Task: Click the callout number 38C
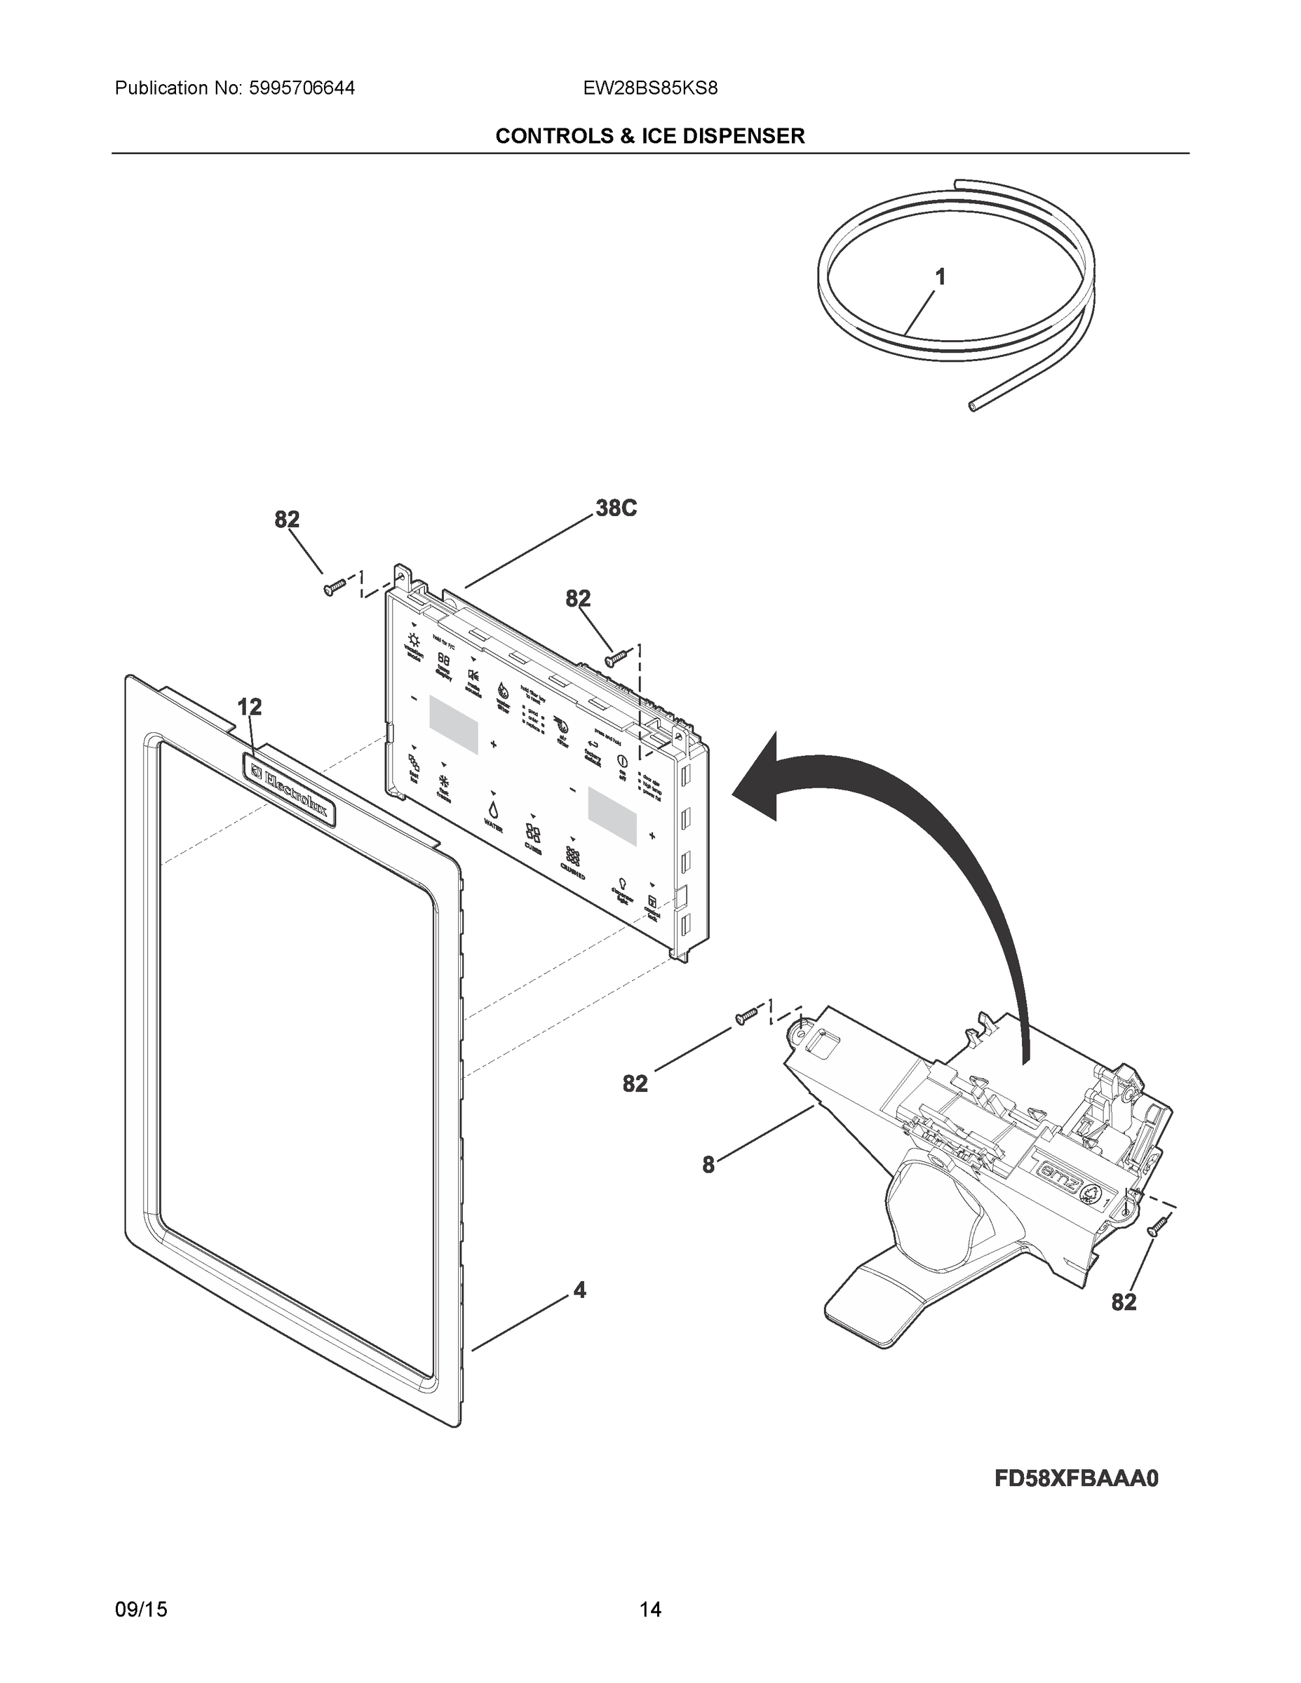click(x=616, y=509)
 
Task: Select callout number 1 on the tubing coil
click(x=940, y=277)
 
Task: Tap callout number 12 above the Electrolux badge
click(x=249, y=707)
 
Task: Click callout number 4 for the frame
click(x=579, y=1290)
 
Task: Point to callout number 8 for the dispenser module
click(x=708, y=1166)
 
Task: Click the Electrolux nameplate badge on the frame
click(x=290, y=789)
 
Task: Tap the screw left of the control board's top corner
click(x=334, y=589)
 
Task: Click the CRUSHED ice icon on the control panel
click(x=574, y=857)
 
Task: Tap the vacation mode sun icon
click(x=414, y=640)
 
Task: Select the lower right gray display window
click(x=613, y=815)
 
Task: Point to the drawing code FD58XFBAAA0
click(x=1077, y=1479)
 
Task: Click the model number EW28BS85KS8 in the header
click(x=651, y=88)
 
